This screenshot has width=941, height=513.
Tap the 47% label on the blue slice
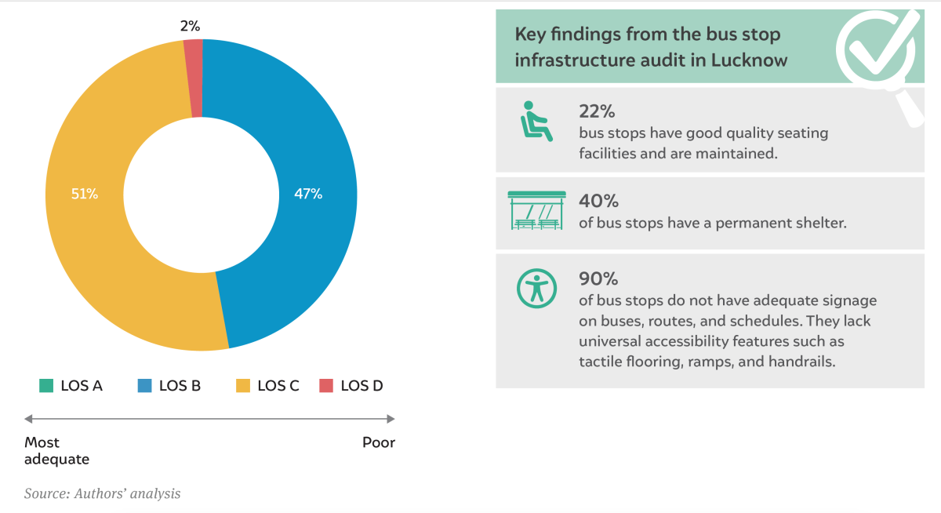click(308, 194)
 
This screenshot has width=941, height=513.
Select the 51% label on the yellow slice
click(85, 194)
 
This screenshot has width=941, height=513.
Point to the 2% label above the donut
click(190, 26)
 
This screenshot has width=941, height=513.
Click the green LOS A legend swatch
click(46, 385)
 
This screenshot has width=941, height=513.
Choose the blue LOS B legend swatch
click(144, 385)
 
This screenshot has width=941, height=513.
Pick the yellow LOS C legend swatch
click(243, 385)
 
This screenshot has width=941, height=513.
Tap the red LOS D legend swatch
click(326, 385)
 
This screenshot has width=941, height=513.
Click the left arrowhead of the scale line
click(28, 418)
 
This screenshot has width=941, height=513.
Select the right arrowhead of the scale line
click(391, 418)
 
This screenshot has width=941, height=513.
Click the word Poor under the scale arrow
click(379, 442)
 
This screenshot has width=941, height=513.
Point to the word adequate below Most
click(56, 459)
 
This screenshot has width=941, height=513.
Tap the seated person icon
click(536, 122)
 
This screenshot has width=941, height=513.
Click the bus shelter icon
click(536, 210)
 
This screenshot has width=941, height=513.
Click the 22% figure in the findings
click(597, 111)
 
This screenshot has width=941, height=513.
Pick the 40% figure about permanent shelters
click(598, 202)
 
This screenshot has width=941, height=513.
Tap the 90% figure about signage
click(598, 278)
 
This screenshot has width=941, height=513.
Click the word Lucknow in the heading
click(749, 60)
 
